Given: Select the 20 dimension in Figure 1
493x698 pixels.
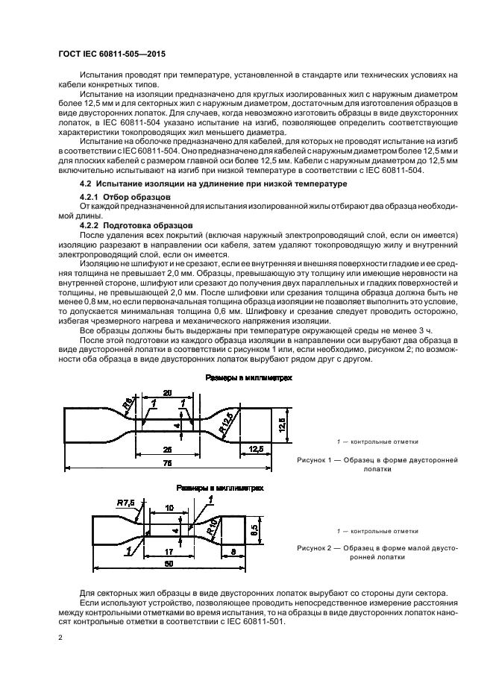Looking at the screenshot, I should (x=168, y=392).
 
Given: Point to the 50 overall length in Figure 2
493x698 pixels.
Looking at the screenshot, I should (x=169, y=565).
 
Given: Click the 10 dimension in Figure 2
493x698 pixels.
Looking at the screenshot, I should (x=169, y=507).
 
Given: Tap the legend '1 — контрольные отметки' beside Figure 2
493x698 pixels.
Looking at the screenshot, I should (x=377, y=531).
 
